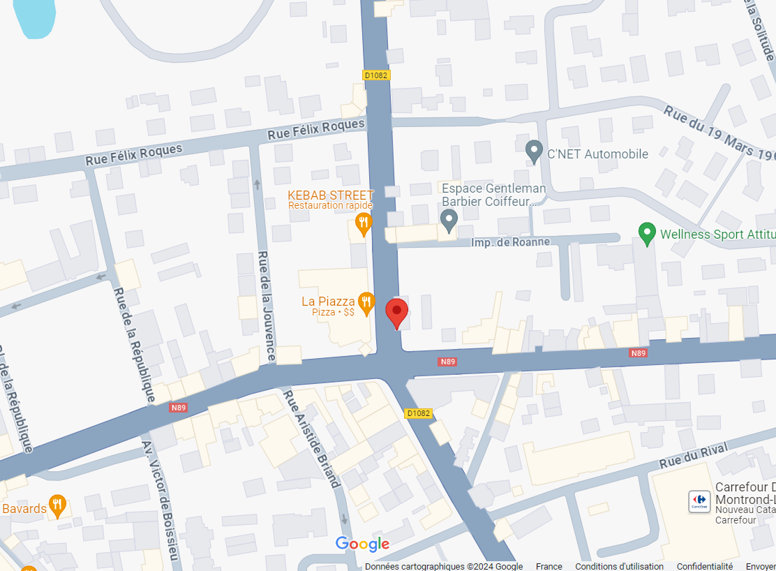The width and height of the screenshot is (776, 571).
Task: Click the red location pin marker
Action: click(x=397, y=312)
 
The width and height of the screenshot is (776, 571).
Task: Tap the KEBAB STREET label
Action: click(x=331, y=195)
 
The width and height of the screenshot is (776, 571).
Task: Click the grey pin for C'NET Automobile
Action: click(x=534, y=150)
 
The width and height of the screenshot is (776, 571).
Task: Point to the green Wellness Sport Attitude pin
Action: click(x=647, y=232)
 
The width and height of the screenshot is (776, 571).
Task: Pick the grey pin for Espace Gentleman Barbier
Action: click(x=449, y=221)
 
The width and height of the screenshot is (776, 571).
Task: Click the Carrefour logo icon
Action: click(x=699, y=500)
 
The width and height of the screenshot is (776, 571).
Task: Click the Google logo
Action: click(x=362, y=544)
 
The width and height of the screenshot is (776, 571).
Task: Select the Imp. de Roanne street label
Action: click(x=511, y=242)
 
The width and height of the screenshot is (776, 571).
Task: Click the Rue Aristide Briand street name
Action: click(x=311, y=438)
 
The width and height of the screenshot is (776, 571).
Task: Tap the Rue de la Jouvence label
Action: click(x=265, y=306)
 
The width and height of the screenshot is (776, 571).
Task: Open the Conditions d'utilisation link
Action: click(x=619, y=566)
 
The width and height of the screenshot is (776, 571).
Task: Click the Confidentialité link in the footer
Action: click(x=704, y=566)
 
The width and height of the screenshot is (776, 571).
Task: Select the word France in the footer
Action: click(x=549, y=566)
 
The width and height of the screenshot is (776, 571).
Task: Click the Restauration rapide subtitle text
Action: click(x=331, y=205)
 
